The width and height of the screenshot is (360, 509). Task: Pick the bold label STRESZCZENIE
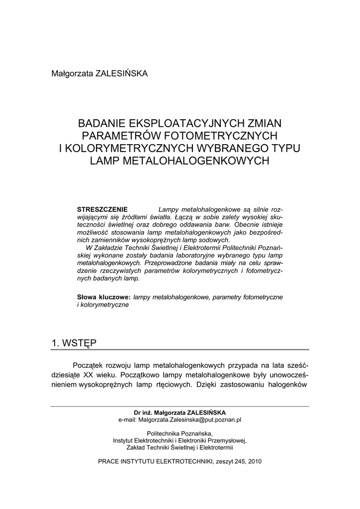point(102,209)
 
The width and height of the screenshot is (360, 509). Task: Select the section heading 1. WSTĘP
point(74,342)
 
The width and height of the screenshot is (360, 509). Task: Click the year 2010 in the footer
point(253,461)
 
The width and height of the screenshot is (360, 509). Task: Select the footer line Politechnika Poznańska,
point(180,433)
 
